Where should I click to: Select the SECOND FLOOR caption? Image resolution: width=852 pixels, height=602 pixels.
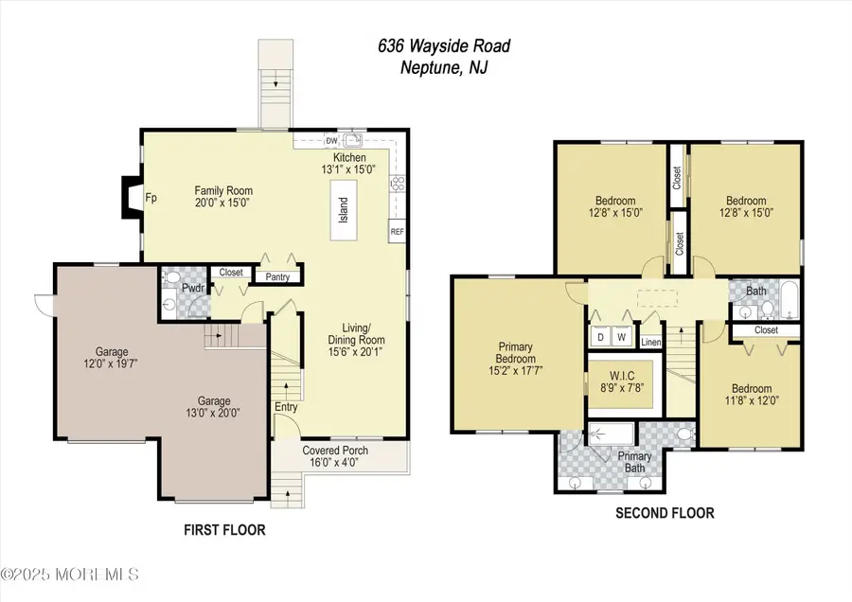click(x=665, y=514)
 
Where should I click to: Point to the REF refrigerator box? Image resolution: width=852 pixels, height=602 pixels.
click(x=396, y=230)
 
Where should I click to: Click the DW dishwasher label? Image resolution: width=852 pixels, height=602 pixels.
click(x=331, y=141)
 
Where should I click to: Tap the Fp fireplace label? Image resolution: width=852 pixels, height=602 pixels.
click(x=150, y=199)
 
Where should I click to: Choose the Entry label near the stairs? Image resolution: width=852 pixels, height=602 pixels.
click(x=286, y=407)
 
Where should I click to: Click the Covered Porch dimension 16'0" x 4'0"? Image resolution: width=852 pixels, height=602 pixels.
click(x=335, y=463)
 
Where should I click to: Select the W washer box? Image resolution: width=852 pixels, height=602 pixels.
click(x=623, y=335)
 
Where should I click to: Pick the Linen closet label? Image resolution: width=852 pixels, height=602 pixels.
click(x=650, y=341)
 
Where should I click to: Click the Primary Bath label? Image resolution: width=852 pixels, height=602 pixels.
click(x=634, y=455)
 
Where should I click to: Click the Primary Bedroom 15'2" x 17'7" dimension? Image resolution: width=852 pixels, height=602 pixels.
click(x=516, y=372)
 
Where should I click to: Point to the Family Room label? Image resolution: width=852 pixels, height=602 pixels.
click(x=223, y=190)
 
